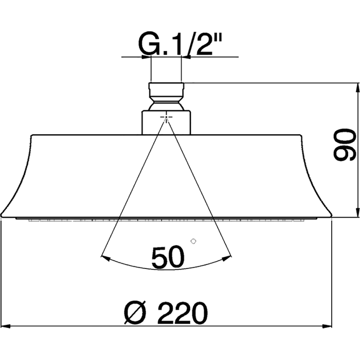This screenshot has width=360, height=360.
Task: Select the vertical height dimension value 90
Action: click(x=343, y=147)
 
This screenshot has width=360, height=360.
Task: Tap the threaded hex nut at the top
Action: click(x=166, y=90)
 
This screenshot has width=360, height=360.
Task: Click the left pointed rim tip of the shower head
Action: click(x=2, y=216)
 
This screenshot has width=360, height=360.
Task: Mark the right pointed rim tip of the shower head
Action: click(x=330, y=216)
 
